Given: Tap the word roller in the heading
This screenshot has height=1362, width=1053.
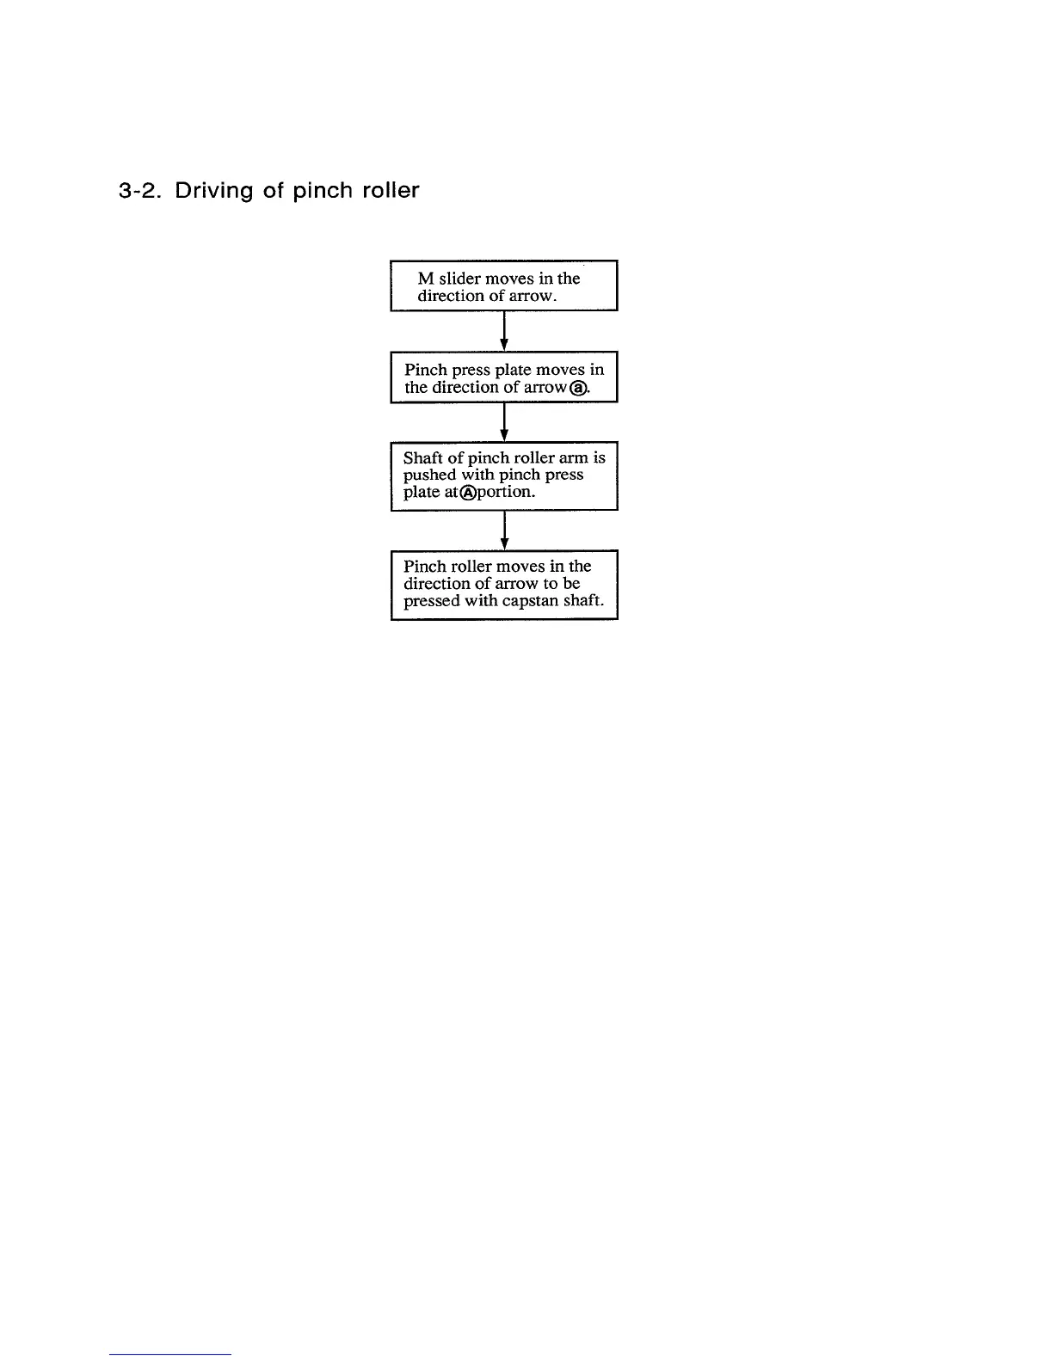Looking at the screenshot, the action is coord(390,190).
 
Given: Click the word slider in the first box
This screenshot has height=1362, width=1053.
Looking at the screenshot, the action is coord(462,279).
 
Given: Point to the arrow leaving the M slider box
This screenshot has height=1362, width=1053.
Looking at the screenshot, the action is coord(504,331).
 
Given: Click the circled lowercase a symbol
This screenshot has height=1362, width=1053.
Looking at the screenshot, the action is coord(581,388).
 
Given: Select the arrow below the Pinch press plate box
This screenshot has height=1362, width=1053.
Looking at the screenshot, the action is coord(504,422).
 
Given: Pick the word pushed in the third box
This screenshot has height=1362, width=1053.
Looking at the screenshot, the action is coord(429,475).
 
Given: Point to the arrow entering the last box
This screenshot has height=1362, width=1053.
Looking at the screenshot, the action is coord(504,531).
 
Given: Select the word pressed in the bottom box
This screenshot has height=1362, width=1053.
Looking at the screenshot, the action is coord(432,601).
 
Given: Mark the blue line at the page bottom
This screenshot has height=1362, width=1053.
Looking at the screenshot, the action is coord(170,1354).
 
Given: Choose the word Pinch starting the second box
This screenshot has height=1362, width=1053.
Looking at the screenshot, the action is coord(426,370).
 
